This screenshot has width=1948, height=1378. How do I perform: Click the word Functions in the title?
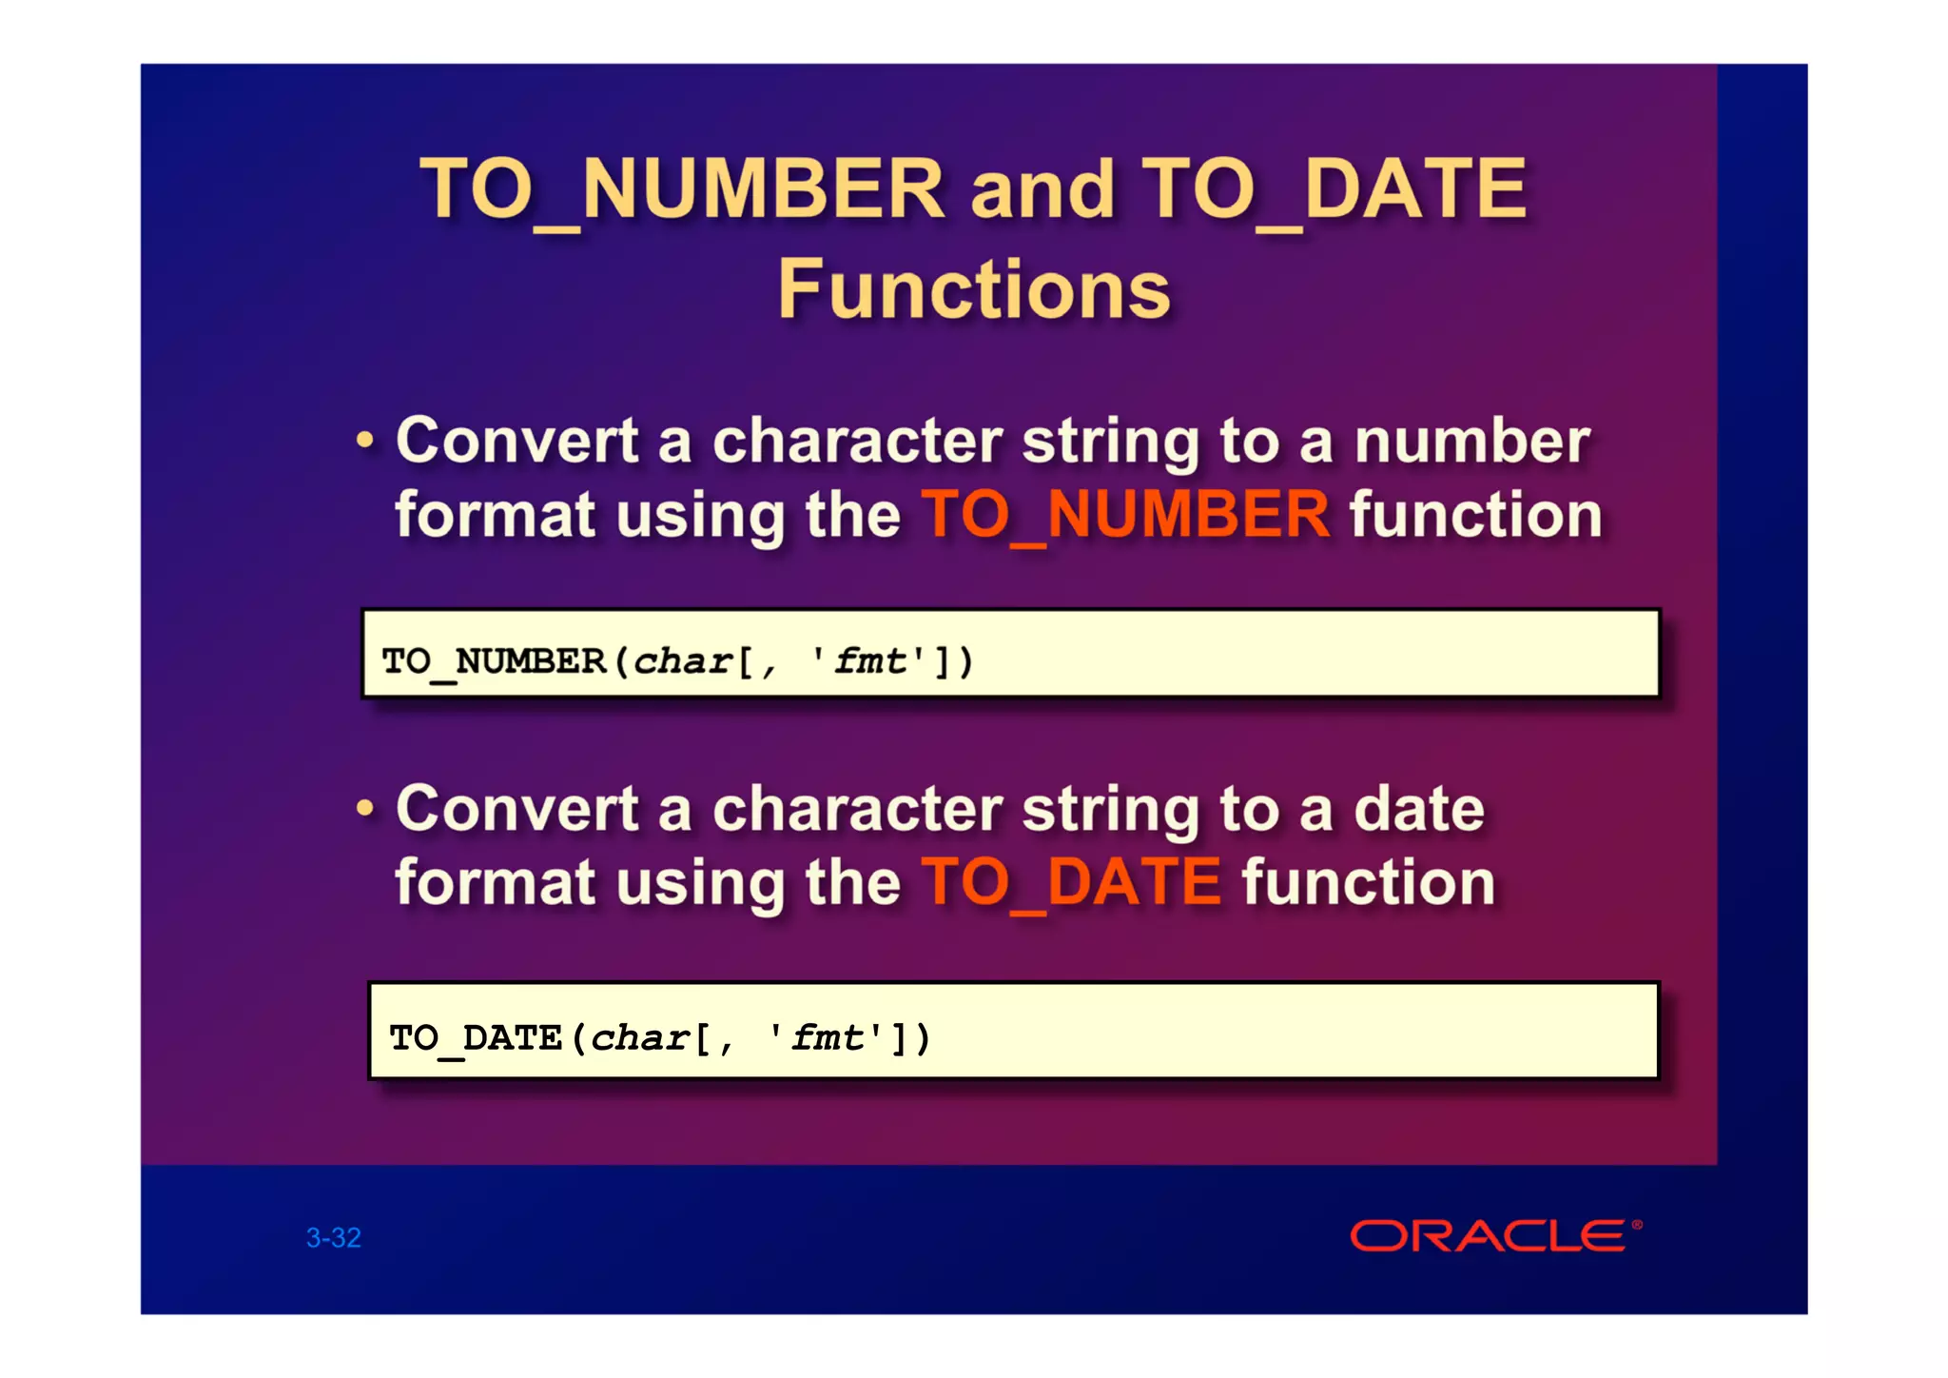(974, 289)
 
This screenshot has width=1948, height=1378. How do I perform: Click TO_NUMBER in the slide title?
(682, 189)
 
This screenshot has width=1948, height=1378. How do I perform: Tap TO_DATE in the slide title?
(1334, 189)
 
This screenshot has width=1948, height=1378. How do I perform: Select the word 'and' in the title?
(1042, 189)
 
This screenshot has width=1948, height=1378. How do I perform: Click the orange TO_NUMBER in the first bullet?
(1125, 515)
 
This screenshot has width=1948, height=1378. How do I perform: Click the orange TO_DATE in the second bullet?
(1072, 882)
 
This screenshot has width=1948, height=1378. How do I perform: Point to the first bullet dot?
(365, 442)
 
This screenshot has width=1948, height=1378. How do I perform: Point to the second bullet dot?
(365, 809)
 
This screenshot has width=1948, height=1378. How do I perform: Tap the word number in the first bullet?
(1471, 442)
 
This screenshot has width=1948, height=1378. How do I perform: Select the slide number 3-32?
(334, 1237)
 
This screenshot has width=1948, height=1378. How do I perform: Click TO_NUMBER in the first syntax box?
(494, 660)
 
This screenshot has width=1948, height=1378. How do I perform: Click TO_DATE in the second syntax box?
(476, 1037)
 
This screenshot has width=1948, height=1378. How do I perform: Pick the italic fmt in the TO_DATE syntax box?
(828, 1037)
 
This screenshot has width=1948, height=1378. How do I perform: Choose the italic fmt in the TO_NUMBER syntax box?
(870, 660)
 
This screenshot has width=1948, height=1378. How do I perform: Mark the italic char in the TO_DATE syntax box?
(640, 1037)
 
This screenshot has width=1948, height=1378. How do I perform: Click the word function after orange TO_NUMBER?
(1475, 515)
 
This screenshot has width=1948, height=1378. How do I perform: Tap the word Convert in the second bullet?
(516, 809)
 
